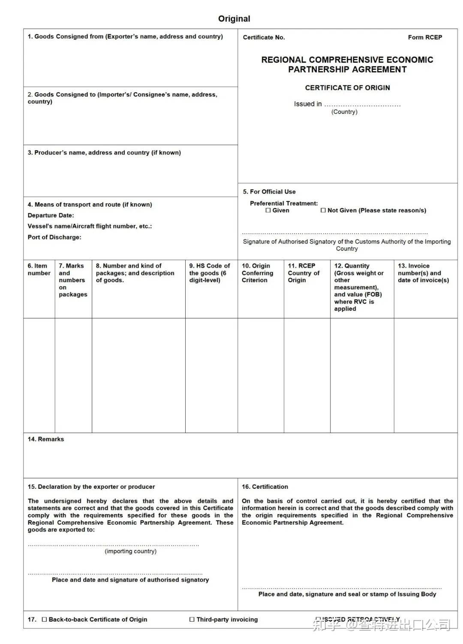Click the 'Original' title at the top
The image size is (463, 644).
[234, 18]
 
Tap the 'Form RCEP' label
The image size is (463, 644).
[425, 37]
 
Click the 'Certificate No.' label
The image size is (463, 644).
[264, 37]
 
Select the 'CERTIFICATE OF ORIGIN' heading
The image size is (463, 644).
[347, 87]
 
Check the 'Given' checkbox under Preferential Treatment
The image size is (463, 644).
[268, 211]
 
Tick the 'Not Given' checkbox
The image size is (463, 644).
[323, 211]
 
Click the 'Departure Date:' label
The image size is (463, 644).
[51, 215]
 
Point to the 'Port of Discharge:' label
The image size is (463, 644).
[54, 237]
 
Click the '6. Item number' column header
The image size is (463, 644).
[39, 269]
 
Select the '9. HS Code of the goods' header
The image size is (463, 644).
[210, 273]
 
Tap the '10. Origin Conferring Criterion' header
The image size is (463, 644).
[257, 273]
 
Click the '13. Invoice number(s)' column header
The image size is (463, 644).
[423, 273]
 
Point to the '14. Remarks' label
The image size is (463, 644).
[46, 439]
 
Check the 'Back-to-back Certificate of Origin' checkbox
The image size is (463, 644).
[45, 620]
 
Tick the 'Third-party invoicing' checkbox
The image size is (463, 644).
[192, 620]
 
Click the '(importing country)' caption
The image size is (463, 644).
[130, 551]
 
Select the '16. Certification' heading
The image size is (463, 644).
[265, 487]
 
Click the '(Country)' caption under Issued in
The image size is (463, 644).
[344, 112]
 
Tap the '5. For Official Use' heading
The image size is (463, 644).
[269, 192]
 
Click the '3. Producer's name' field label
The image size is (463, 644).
[104, 153]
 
